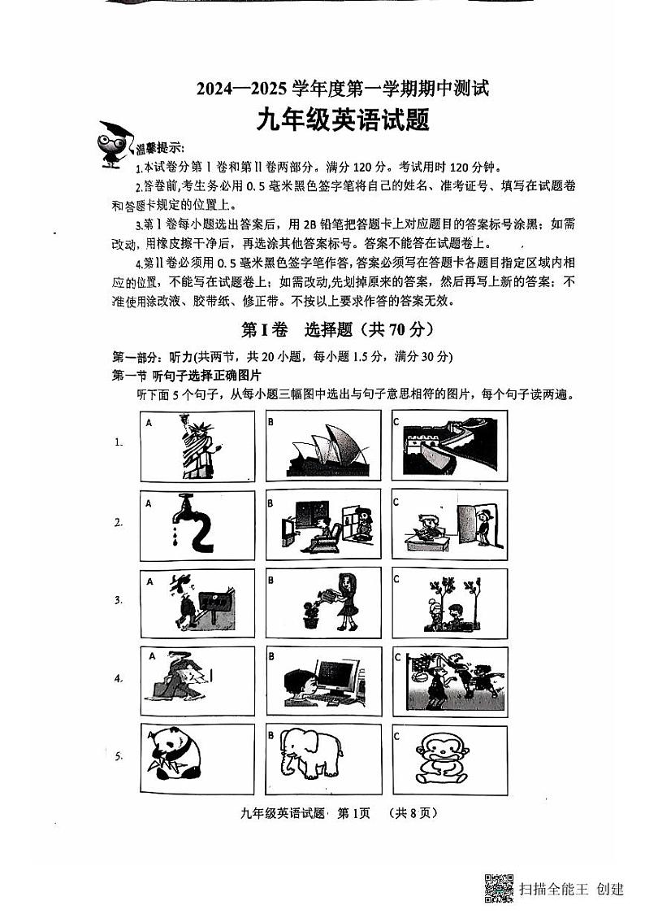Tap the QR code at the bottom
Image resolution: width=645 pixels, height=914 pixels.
(499, 887)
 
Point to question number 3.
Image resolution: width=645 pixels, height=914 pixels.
(119, 601)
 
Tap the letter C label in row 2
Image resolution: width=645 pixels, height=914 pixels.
(396, 502)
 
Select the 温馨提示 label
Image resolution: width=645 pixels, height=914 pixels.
(159, 148)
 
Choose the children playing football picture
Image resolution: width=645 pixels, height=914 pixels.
(449, 681)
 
